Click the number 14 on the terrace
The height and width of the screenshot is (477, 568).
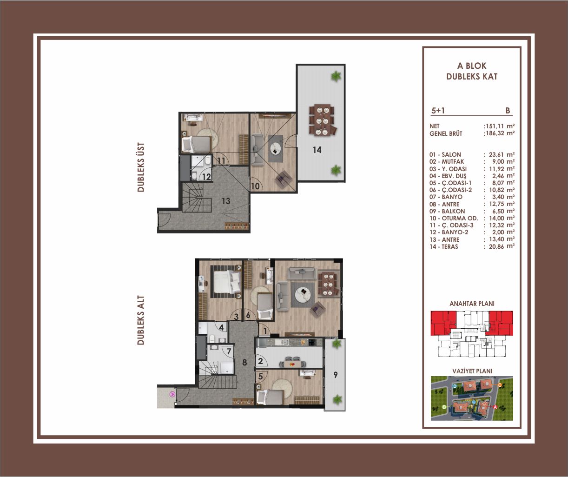(317, 150)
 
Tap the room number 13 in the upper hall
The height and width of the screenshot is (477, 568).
(226, 201)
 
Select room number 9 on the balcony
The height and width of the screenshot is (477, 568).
(336, 375)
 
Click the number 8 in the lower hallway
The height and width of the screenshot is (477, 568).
(244, 362)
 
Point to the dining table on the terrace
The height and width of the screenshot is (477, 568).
(322, 120)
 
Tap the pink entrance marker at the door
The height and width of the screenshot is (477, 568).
(172, 394)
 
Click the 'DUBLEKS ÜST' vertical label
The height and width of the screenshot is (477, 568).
(141, 167)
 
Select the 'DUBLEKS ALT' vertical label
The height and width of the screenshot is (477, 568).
(141, 320)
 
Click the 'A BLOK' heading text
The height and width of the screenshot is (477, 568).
(472, 66)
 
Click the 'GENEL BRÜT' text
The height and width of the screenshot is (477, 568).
(446, 133)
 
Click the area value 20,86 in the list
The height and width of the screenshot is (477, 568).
(496, 246)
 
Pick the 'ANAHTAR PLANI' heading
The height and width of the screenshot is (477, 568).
(472, 304)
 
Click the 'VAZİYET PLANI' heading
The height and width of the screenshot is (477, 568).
(472, 371)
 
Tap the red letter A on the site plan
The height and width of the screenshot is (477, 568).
(495, 415)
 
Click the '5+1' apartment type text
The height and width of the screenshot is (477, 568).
(438, 111)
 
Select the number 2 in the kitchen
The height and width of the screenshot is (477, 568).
(260, 361)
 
